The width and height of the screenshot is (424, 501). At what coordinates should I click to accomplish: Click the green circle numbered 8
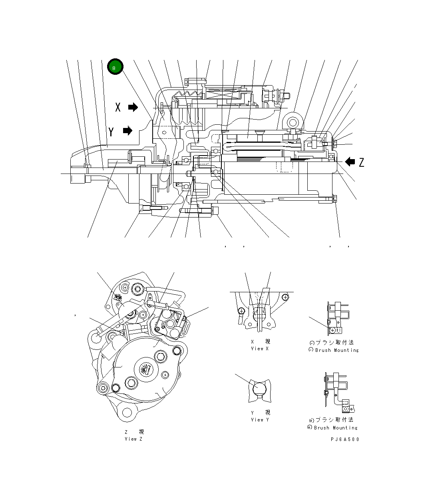115,68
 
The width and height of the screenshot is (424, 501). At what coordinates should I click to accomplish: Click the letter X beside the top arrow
118,107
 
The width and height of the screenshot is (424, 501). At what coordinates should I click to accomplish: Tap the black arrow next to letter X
133,107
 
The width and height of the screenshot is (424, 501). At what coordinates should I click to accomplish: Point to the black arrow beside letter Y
127,131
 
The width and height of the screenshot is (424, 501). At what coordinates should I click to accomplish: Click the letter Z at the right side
361,162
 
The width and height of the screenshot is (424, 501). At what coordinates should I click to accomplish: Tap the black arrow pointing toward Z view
350,162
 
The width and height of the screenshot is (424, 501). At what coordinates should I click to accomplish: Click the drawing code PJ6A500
344,439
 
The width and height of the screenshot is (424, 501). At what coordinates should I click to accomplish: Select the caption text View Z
133,439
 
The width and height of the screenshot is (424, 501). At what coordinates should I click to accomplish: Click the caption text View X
260,349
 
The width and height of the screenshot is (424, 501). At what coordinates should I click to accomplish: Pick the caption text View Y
260,419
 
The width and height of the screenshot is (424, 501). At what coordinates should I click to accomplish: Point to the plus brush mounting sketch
338,392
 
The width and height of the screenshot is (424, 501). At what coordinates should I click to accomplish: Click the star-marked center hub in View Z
145,368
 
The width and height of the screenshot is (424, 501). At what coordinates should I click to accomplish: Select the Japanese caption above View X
260,342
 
